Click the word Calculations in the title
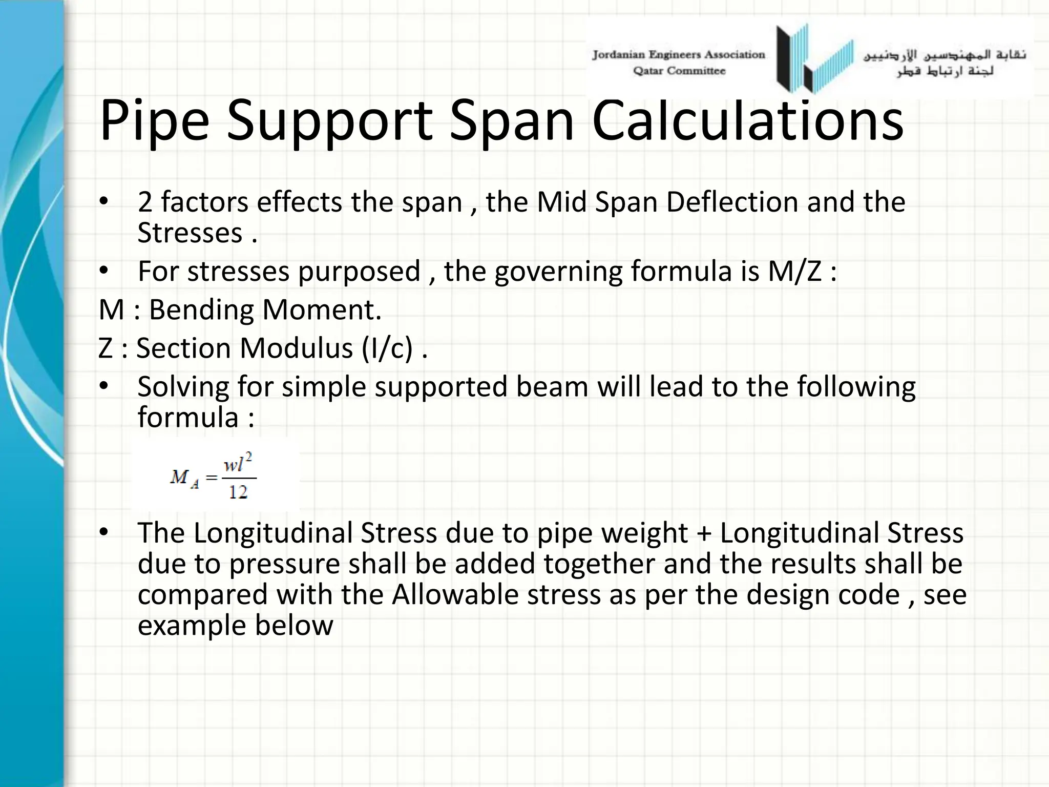pos(747,121)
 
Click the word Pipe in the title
pos(154,122)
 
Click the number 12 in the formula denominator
pos(238,492)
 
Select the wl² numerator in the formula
pos(238,464)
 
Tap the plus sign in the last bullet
pos(704,533)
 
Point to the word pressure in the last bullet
pos(284,564)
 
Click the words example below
pos(235,626)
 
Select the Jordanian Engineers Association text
pos(678,55)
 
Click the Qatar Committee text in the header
pos(679,71)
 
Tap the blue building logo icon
pos(814,59)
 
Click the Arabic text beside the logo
pos(945,63)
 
